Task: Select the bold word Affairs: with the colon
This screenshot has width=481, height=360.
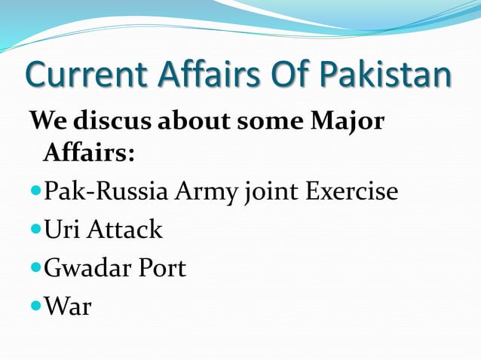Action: [x=89, y=154]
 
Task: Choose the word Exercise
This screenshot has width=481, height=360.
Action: [x=352, y=192]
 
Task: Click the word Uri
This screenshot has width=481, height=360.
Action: [x=62, y=229]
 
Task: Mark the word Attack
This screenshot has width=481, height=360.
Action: [x=124, y=229]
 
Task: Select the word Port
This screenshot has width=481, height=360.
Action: [x=161, y=268]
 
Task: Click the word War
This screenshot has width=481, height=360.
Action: [x=68, y=307]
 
